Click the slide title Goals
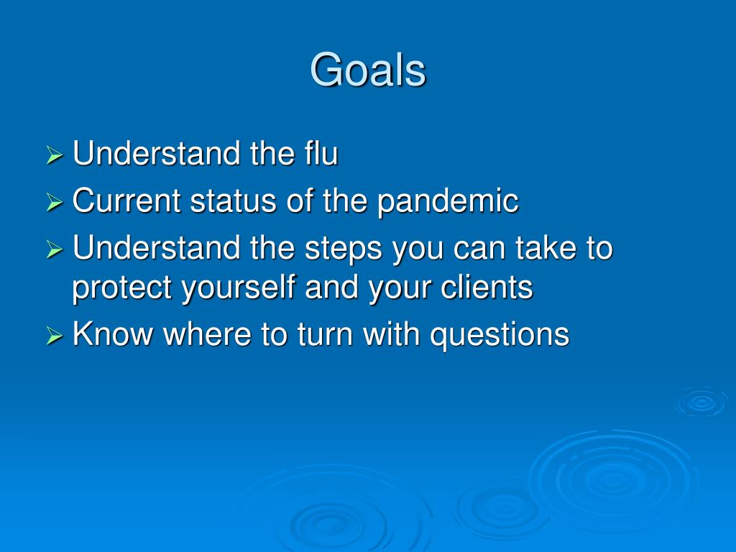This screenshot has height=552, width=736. click(x=368, y=70)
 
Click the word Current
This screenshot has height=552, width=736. click(x=126, y=201)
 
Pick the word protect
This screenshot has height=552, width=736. click(x=121, y=287)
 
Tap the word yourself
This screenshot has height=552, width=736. click(x=239, y=287)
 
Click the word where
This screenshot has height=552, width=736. click(x=207, y=333)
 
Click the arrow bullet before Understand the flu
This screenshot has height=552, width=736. click(x=55, y=155)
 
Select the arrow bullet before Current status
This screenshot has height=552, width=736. click(x=55, y=202)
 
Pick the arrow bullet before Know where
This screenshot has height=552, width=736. click(x=55, y=336)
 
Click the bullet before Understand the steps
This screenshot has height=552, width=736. click(x=55, y=249)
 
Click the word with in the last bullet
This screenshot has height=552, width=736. click(x=391, y=333)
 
